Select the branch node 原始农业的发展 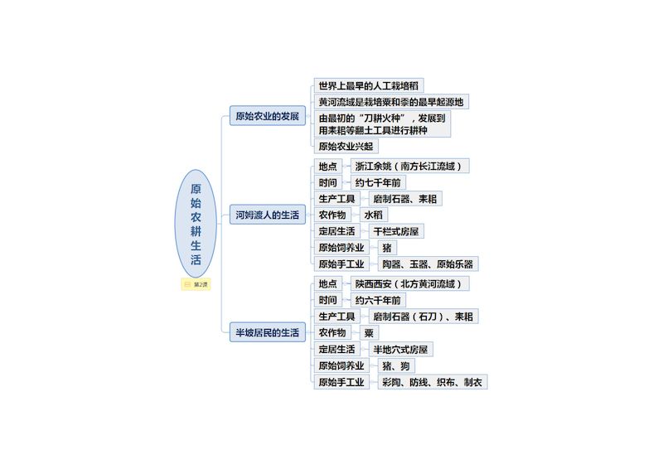267,116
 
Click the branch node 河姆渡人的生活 267,215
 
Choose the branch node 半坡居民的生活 267,332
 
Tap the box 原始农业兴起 346,147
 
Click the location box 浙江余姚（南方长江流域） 409,166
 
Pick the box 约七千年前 379,182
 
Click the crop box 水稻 375,215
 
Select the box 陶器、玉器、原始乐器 428,264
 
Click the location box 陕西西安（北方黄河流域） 409,283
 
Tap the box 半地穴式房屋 403,349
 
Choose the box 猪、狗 394,365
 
